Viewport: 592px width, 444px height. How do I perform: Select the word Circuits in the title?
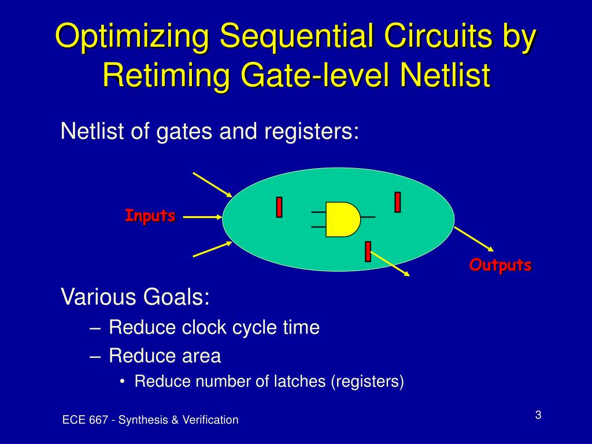438,35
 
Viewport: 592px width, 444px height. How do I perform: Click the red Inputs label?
150,216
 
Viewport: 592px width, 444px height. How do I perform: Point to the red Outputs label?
500,265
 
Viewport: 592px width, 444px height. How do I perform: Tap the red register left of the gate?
279,207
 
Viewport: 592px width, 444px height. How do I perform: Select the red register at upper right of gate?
397,202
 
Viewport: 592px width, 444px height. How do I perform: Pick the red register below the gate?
368,251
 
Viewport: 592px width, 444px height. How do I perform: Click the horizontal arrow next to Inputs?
203,217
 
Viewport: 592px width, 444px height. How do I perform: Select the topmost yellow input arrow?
212,184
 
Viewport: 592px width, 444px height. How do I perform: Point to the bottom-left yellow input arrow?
213,249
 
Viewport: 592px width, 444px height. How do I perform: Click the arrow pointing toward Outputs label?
474,239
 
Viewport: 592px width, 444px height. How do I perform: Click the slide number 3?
538,415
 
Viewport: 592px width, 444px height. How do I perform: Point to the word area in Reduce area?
201,356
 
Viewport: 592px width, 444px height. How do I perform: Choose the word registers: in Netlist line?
312,131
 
